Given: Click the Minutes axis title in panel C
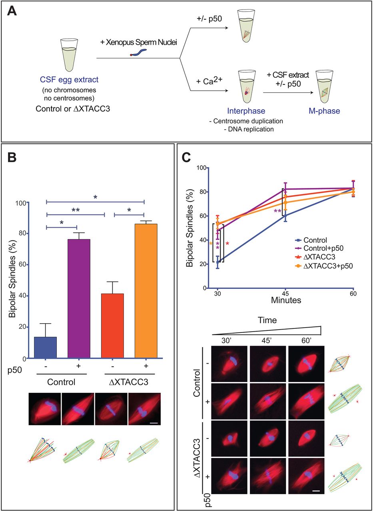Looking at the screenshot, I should (285, 299).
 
